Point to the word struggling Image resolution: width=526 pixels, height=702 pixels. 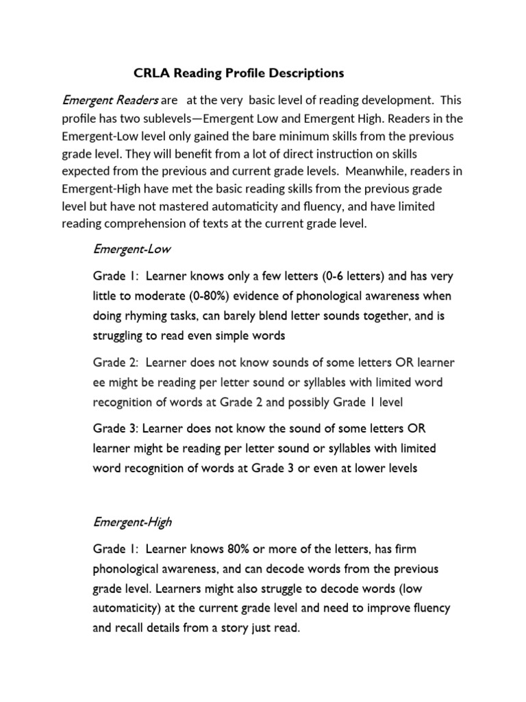pyautogui.click(x=117, y=336)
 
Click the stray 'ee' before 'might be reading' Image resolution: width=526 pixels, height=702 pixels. pyautogui.click(x=100, y=381)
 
